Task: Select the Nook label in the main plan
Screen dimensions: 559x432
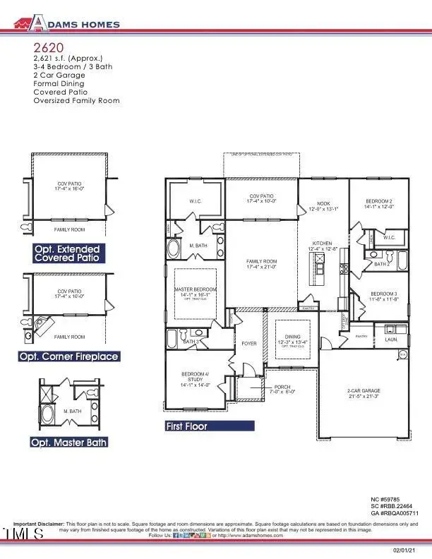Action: click(x=323, y=203)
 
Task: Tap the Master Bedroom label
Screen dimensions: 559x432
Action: click(x=196, y=290)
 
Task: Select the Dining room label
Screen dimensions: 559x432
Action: click(x=292, y=337)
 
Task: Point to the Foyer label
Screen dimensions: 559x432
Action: click(x=249, y=344)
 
